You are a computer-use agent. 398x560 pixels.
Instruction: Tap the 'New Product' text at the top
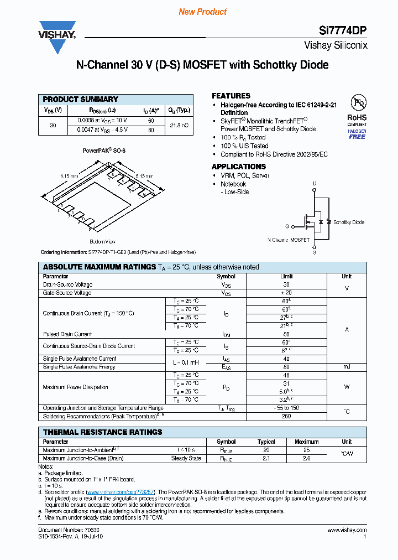[x=203, y=12]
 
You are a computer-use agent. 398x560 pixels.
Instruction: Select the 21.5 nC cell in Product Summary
[x=179, y=126]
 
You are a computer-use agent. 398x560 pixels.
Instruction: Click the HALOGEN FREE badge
[x=357, y=134]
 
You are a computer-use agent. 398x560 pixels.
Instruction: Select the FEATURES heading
[x=231, y=96]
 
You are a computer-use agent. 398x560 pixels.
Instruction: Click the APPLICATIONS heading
[x=239, y=167]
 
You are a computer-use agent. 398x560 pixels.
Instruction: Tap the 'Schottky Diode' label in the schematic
[x=349, y=222]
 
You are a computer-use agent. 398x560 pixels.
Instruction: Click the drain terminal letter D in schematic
[x=315, y=184]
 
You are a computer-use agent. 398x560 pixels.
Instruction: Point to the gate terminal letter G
[x=287, y=226]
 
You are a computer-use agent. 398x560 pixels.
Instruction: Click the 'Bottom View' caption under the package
[x=102, y=242]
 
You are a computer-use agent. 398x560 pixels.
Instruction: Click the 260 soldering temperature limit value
[x=286, y=416]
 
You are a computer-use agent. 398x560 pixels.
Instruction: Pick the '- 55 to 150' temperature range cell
[x=286, y=408]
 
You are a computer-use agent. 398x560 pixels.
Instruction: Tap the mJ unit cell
[x=347, y=367]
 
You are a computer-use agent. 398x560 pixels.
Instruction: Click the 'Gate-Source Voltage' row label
[x=67, y=293]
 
